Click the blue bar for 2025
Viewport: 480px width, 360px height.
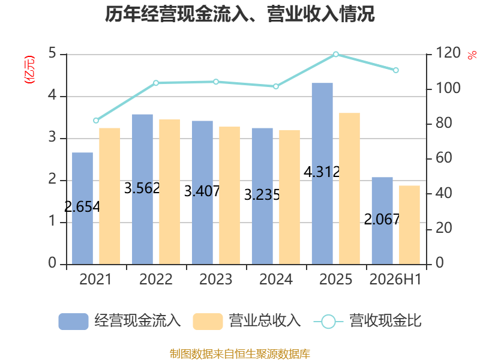click(322, 173)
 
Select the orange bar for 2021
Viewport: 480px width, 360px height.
click(110, 196)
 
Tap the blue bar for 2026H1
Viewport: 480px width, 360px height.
click(382, 221)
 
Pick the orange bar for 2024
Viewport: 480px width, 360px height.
click(290, 197)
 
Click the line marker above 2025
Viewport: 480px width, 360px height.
click(336, 54)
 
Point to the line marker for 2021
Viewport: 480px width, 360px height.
click(96, 121)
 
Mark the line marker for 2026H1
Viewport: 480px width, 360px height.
click(396, 70)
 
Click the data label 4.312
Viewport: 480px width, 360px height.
click(322, 172)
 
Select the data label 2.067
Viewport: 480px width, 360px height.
click(382, 219)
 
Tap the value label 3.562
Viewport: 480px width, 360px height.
click(142, 188)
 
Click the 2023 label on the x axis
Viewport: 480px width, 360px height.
click(216, 279)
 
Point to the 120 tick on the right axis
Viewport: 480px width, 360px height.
click(448, 53)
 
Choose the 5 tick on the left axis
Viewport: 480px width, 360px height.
click(52, 53)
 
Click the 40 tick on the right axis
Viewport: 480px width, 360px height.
click(444, 193)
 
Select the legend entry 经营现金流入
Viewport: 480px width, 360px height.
click(119, 321)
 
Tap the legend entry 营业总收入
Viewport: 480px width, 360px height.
click(247, 321)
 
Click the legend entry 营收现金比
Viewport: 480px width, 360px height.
click(368, 321)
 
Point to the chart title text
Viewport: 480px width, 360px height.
click(239, 14)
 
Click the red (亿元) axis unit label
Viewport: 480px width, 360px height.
click(29, 70)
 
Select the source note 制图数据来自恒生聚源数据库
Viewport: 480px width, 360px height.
click(240, 354)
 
